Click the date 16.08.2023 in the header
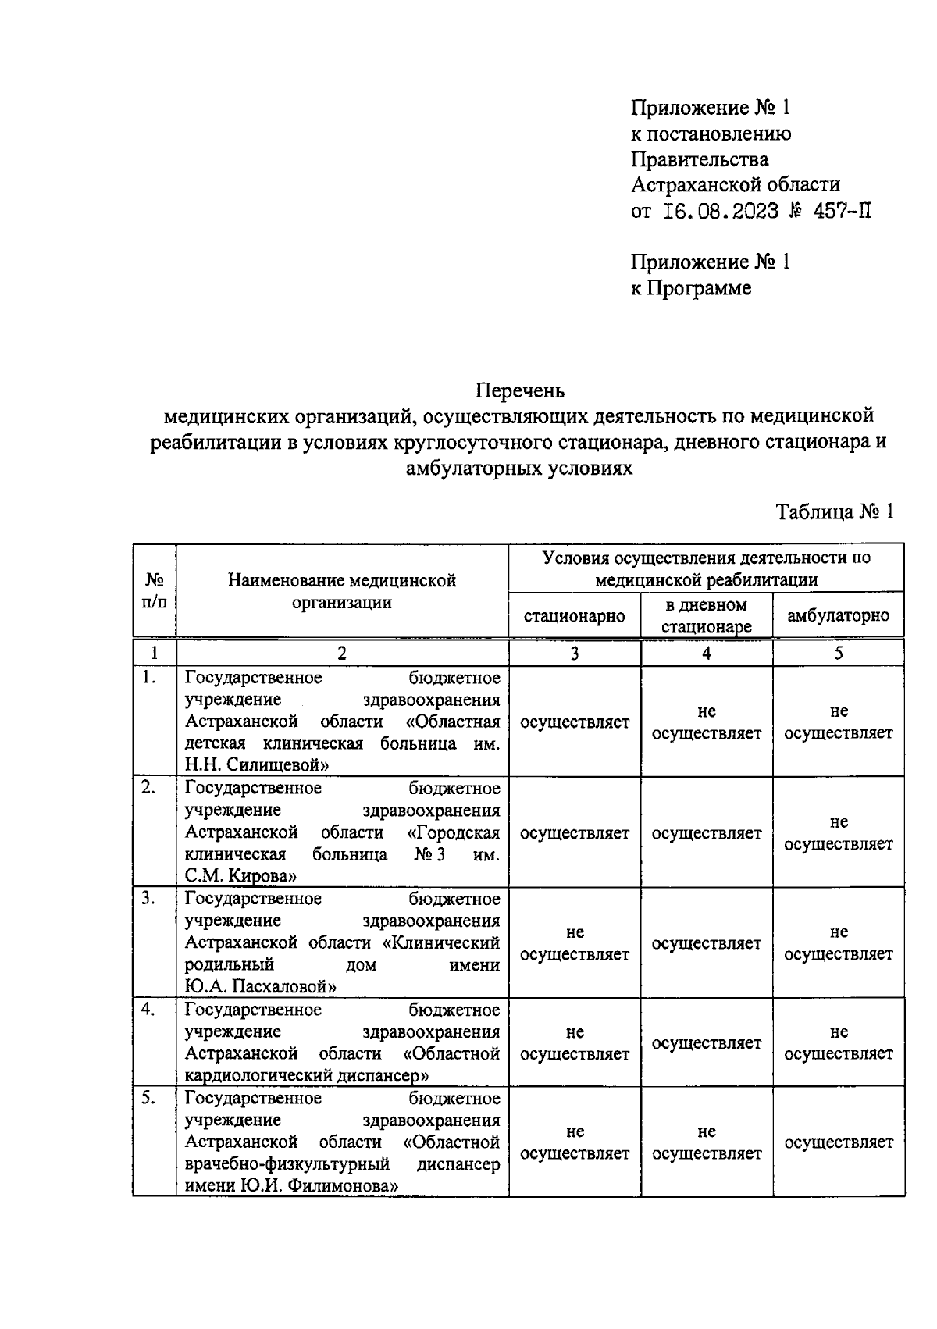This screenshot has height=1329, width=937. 721,211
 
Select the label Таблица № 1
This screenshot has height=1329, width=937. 834,512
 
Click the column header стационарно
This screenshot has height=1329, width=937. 574,616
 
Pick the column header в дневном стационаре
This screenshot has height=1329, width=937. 706,616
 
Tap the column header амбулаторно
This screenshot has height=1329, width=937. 838,616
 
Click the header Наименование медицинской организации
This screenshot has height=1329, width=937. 342,591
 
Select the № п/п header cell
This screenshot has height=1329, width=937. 154,591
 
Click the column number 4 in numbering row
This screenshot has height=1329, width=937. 706,654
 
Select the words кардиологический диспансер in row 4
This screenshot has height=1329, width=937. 307,1075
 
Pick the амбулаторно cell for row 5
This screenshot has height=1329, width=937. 838,1142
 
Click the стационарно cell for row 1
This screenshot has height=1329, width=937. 574,722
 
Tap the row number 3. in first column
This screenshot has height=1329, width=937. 148,899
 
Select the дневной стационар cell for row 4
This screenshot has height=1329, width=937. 706,1043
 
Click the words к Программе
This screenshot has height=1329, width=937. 691,288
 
